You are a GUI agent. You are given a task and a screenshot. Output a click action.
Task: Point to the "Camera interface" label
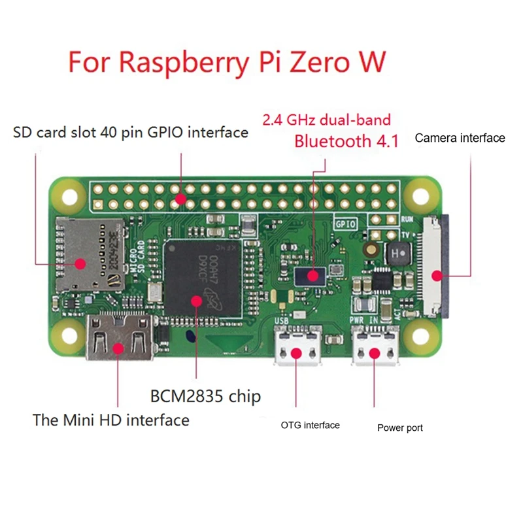click(x=460, y=138)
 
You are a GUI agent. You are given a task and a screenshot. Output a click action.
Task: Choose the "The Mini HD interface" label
click(x=111, y=420)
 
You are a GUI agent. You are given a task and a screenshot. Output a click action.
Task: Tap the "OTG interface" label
click(x=311, y=426)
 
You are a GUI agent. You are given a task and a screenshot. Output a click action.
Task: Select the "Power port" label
click(x=400, y=428)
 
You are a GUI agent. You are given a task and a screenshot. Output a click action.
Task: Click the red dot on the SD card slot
click(x=82, y=264)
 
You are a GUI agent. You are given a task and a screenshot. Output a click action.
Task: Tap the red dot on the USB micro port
click(x=297, y=354)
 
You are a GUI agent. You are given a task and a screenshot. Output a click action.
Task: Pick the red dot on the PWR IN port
click(x=374, y=354)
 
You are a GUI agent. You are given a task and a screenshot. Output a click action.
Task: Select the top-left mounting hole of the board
click(x=66, y=194)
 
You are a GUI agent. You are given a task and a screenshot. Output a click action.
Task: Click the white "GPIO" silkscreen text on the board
click(x=346, y=222)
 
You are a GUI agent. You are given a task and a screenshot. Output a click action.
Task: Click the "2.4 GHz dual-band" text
click(x=326, y=120)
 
